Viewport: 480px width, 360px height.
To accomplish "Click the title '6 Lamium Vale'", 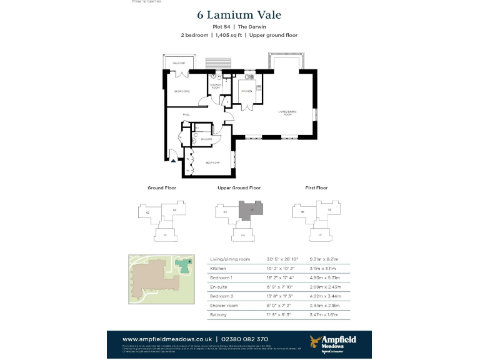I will (239, 15).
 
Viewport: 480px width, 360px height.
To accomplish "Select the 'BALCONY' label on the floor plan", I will (179, 64).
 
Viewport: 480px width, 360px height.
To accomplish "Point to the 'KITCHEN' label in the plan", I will (247, 91).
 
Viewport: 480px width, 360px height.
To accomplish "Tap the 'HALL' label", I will (186, 115).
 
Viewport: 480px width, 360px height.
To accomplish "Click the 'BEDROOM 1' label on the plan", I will (212, 162).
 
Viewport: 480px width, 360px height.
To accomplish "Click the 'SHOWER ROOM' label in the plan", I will (215, 86).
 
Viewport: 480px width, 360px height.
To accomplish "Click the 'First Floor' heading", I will (316, 187).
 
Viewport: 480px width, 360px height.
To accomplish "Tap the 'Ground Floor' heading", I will (162, 187).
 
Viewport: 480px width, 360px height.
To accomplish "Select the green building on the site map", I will (184, 264).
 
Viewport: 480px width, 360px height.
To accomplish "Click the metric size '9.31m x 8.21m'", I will (331, 259).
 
